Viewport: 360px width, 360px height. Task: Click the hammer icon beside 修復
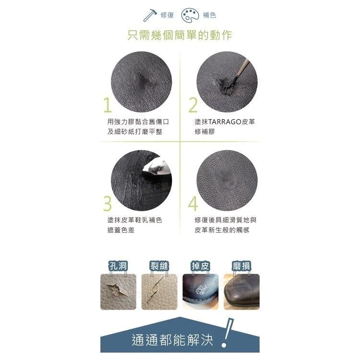point(150,15)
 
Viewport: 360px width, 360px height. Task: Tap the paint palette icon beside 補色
point(190,15)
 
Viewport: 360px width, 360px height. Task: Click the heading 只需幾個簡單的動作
point(180,36)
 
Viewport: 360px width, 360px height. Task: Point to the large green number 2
point(193,105)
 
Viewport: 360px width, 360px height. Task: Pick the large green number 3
point(107,204)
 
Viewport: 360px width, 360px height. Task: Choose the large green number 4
point(193,204)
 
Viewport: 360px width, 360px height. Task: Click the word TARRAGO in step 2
point(225,122)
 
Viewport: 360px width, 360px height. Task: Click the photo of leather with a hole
point(118,292)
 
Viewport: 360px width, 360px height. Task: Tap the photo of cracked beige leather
point(159,292)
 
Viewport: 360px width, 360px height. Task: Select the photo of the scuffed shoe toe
point(241,292)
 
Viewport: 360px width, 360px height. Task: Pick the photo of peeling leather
point(201,292)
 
